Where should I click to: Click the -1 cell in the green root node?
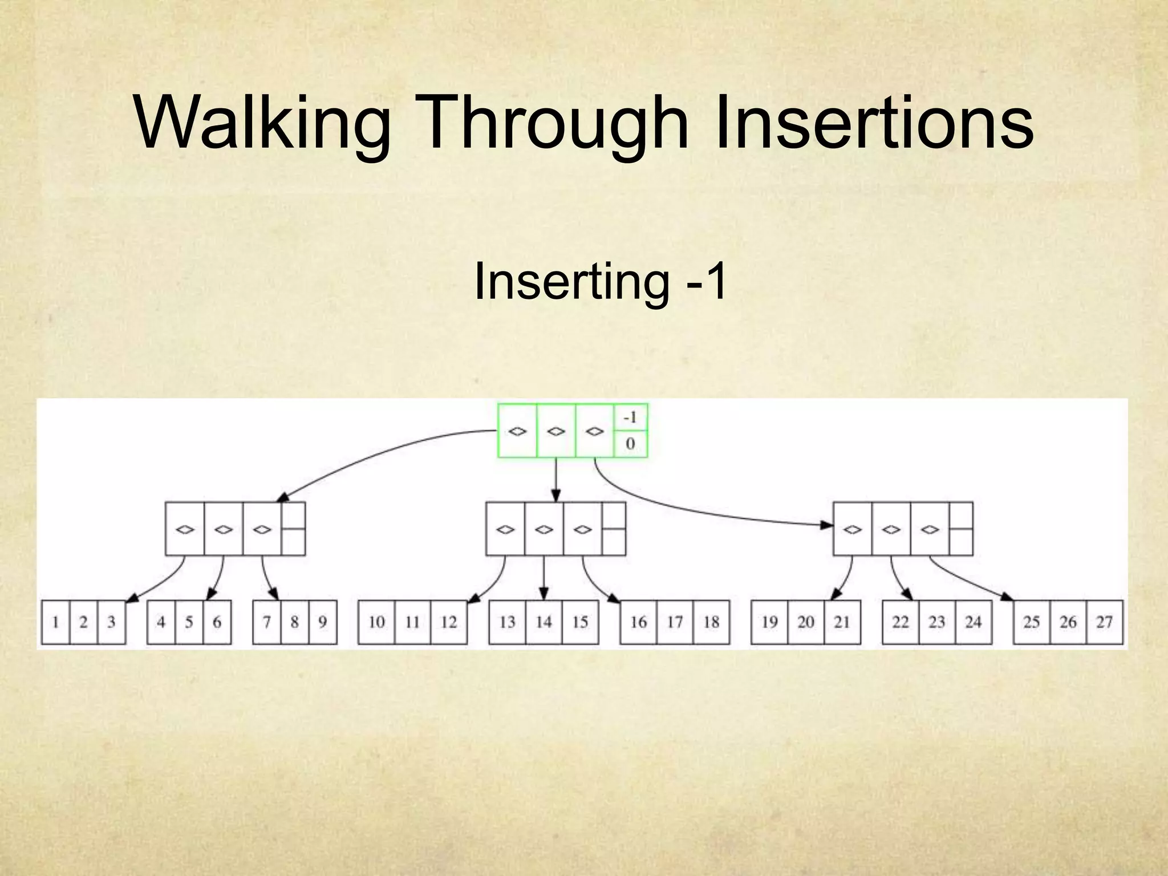point(630,418)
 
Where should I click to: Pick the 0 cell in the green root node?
point(630,444)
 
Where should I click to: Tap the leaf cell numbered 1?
point(56,622)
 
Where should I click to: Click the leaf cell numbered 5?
point(189,622)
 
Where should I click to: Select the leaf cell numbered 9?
point(322,622)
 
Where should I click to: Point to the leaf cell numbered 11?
point(412,622)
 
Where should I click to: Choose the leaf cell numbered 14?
point(544,622)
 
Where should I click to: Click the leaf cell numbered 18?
point(711,622)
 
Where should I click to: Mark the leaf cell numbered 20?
point(806,622)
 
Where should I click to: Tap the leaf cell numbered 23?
point(936,622)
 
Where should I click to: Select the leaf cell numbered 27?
point(1104,622)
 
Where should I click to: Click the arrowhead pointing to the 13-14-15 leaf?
point(544,595)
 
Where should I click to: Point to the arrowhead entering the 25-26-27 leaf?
point(1007,597)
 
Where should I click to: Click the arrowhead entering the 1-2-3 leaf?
point(132,598)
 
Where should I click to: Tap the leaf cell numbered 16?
point(638,622)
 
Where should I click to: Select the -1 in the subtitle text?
point(707,281)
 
